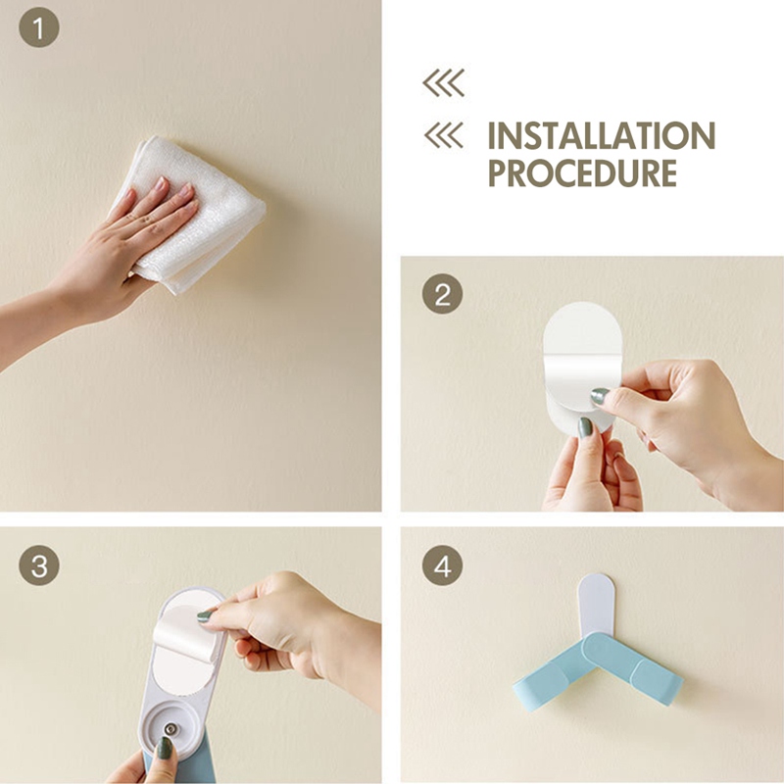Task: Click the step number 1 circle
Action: pyautogui.click(x=39, y=27)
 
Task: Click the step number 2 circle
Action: pyautogui.click(x=443, y=294)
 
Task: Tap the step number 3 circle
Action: pyautogui.click(x=39, y=565)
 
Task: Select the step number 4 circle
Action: pyautogui.click(x=443, y=565)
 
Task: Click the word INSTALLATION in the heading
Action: pyautogui.click(x=602, y=135)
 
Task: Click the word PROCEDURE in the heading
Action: pyautogui.click(x=582, y=173)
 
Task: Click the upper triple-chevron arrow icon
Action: pyautogui.click(x=444, y=82)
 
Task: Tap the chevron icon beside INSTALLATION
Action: pyautogui.click(x=444, y=135)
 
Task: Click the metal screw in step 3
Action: pyautogui.click(x=171, y=729)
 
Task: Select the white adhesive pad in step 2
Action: pyautogui.click(x=582, y=367)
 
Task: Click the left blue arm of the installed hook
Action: pyautogui.click(x=553, y=672)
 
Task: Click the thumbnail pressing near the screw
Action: pyautogui.click(x=164, y=749)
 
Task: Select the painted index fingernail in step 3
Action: pyautogui.click(x=205, y=616)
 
